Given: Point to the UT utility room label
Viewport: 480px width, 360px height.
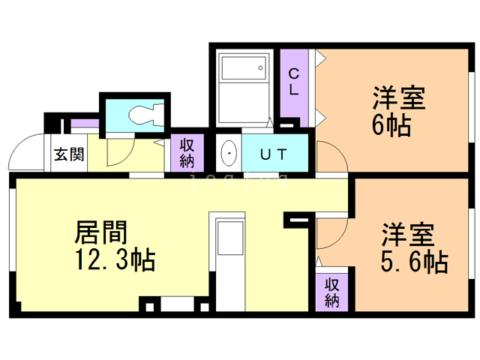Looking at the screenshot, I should [273, 155].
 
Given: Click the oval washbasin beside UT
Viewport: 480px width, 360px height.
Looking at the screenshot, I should [229, 154].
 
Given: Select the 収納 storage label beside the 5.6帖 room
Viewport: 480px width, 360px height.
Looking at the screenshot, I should [332, 293].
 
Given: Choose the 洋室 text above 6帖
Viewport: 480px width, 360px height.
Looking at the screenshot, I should [399, 99].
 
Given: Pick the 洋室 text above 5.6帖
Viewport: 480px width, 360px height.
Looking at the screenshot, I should [406, 235].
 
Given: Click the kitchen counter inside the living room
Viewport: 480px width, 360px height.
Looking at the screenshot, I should [226, 255].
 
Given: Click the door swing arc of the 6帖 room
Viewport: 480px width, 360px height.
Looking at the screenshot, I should [330, 157].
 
